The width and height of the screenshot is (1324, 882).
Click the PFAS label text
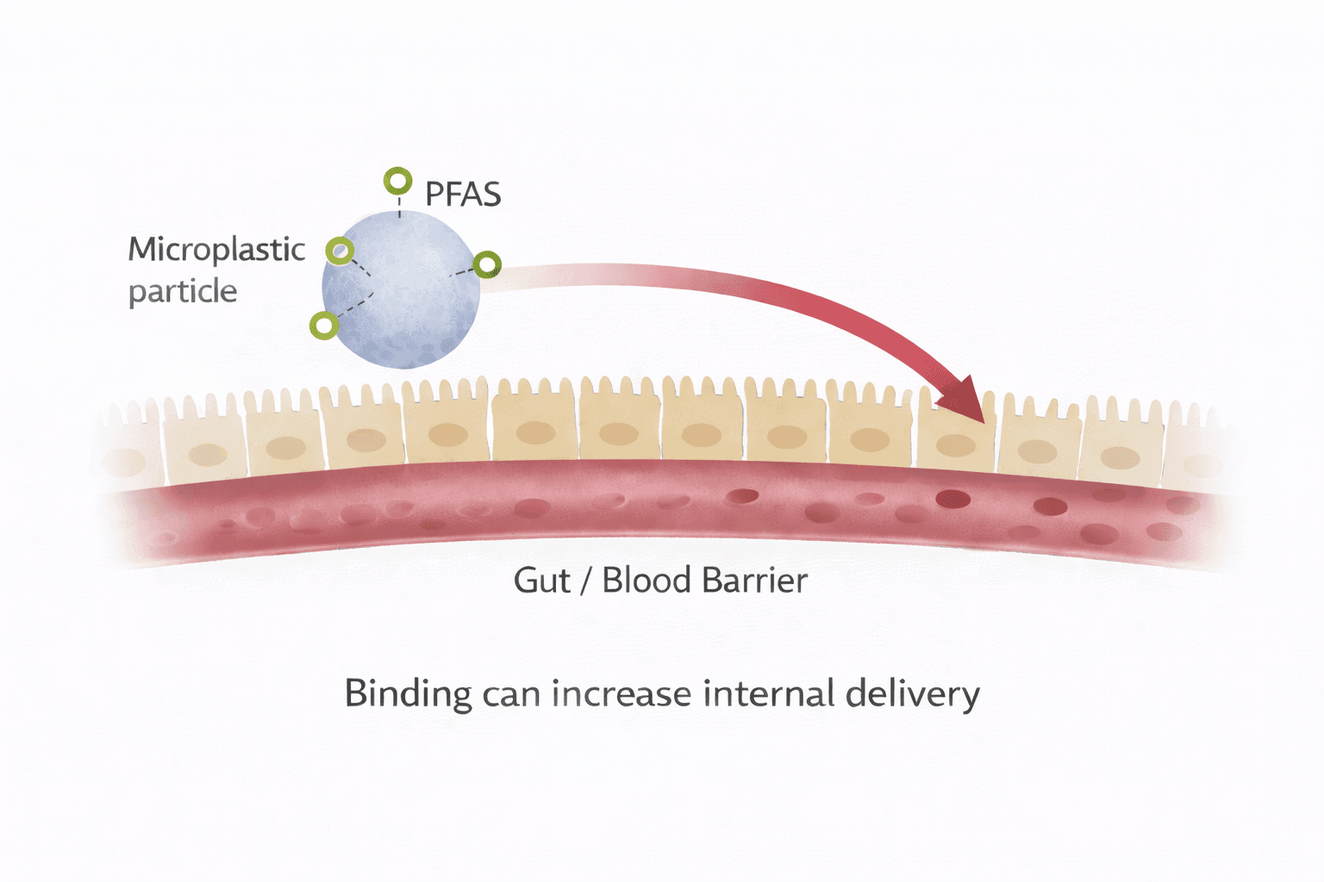pos(463,195)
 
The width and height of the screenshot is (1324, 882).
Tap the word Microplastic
pos(216,250)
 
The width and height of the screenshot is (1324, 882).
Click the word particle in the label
pos(183,291)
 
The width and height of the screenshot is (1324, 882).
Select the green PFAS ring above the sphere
pos(397,182)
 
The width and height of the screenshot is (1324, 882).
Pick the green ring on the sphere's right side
pos(487,264)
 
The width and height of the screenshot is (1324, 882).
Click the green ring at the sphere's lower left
pos(324,326)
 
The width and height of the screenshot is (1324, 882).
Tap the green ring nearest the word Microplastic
pos(340,251)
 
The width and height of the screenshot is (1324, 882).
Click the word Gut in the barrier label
pos(541,581)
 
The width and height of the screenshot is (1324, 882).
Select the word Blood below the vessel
pos(646,581)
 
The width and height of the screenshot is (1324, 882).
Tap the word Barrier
pos(755,581)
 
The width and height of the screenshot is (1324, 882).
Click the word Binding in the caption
pos(408,694)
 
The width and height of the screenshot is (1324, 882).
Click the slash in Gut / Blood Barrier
pos(585,581)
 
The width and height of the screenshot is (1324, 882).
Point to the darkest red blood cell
pos(952,498)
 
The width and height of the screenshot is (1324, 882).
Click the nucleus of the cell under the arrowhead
pos(955,445)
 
